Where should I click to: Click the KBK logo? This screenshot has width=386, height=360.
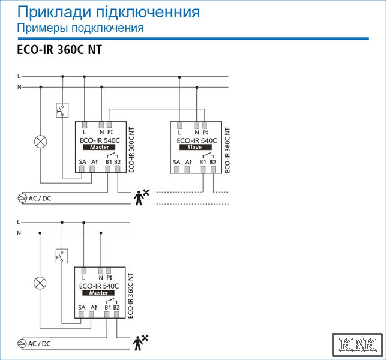coord(357,344)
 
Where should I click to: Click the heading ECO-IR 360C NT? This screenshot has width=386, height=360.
coord(59,50)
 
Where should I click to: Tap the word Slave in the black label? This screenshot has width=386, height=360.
coord(195,147)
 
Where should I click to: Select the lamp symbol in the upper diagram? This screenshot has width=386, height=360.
coord(41,142)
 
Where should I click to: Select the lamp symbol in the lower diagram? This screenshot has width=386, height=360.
coord(40,283)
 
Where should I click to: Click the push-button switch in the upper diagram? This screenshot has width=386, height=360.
coord(62,110)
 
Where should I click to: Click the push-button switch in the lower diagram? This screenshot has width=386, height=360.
coord(62,256)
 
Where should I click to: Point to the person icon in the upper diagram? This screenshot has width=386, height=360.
coord(141,197)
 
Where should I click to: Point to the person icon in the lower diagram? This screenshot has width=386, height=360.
coord(140,343)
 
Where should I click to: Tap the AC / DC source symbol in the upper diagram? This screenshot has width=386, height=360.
coord(22,198)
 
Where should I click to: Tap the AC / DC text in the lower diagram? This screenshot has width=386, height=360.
coord(40,344)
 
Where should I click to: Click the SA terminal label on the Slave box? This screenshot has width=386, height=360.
coord(176,162)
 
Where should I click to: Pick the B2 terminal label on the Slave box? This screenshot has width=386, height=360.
coord(213,162)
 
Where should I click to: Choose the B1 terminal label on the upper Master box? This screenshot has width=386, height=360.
coord(109,162)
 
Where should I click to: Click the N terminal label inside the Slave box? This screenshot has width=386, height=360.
coord(197,133)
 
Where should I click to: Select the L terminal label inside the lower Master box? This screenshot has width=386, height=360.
coord(83,278)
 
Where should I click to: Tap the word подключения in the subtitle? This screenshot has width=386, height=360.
coord(107,28)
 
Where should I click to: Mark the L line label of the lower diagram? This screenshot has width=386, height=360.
coord(19,222)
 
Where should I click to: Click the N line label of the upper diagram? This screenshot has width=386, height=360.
coord(19,87)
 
